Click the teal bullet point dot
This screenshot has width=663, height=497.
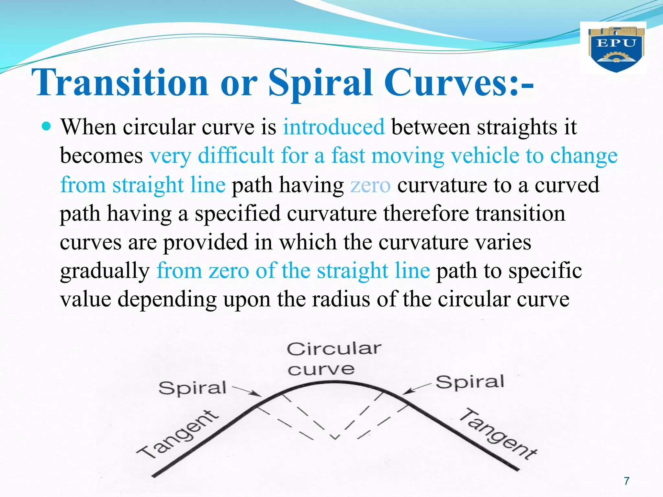47,126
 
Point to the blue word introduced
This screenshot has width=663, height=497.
334,127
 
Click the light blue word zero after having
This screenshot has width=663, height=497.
370,185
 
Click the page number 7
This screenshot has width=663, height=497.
627,481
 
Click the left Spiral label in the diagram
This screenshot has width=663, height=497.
192,388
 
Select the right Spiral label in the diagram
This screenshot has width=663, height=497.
470,382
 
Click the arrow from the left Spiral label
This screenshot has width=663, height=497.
247,391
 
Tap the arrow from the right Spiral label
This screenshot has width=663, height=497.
417,388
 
